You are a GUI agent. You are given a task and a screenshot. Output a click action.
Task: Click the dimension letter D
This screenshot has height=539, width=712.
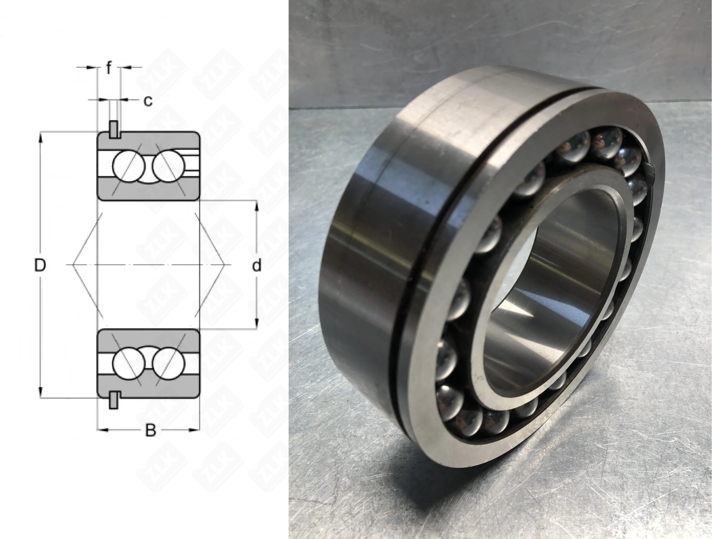tap(40, 265)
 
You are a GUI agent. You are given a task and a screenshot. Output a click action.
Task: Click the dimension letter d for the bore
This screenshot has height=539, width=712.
tap(257, 265)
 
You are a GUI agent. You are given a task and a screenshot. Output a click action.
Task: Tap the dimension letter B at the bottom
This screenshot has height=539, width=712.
tap(150, 431)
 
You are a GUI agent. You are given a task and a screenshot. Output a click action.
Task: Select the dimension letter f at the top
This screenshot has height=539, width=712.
tap(109, 68)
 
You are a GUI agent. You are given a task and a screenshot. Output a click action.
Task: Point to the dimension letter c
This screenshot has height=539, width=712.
tap(148, 101)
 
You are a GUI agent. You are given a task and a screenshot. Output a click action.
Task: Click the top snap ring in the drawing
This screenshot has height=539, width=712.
tap(113, 129)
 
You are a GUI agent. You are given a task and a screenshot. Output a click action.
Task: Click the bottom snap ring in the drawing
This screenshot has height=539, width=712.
tap(113, 400)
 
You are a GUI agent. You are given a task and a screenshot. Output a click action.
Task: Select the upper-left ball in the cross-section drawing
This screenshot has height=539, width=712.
tap(129, 166)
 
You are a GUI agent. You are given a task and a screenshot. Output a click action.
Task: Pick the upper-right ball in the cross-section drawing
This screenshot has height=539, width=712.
tap(168, 166)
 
